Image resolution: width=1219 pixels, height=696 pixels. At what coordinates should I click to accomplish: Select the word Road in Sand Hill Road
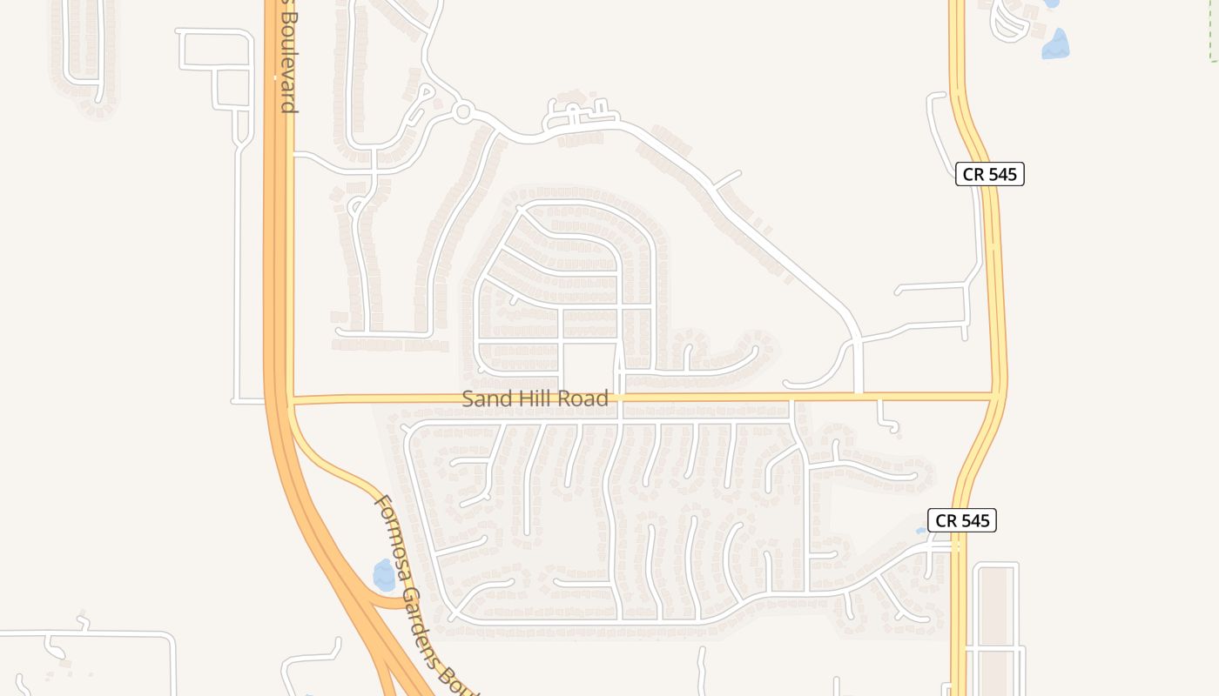click(x=583, y=399)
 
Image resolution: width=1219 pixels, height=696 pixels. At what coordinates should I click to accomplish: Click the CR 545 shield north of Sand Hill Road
click(x=990, y=174)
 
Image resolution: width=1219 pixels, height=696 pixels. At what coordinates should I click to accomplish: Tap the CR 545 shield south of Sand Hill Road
click(x=962, y=520)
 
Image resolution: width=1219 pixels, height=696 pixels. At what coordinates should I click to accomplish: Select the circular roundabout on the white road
click(x=463, y=111)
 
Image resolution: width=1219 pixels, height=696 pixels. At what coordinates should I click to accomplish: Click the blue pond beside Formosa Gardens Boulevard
click(x=383, y=575)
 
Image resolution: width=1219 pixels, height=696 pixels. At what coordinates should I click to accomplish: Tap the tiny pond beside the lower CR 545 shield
click(x=921, y=530)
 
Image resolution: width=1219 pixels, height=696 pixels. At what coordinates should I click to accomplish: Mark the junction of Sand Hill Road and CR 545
click(x=995, y=395)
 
